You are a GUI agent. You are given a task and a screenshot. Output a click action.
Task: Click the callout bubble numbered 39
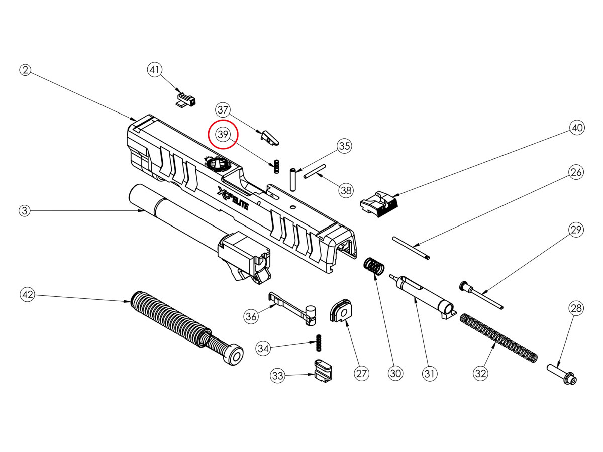coord(223,135)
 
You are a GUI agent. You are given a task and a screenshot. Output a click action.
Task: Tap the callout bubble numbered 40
coord(577,128)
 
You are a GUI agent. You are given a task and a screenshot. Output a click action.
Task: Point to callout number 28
coord(576,308)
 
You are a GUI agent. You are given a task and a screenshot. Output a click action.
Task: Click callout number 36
coord(251,316)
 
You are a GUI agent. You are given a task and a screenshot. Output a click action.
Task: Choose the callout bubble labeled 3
coord(25,211)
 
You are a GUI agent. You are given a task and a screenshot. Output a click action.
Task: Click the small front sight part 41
coord(185,98)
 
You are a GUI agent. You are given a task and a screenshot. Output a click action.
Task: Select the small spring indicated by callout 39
coord(276,166)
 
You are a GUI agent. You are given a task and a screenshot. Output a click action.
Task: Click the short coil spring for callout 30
coord(373,266)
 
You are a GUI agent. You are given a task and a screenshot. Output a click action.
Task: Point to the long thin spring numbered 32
coord(498,337)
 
